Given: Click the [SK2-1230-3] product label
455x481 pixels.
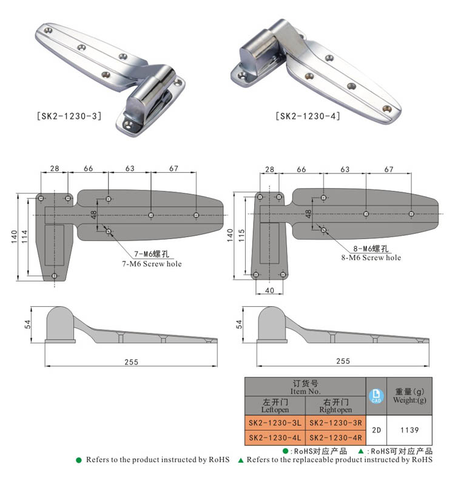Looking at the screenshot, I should coord(69,115).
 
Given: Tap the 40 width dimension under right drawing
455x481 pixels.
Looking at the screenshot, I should coord(269,291).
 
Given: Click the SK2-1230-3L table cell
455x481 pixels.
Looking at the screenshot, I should coord(275,422).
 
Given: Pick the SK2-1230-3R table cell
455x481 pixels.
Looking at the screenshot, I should coord(335,422).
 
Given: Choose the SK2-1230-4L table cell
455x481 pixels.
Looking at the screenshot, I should coord(275,437).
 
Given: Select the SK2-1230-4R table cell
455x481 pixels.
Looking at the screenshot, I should coord(335,437).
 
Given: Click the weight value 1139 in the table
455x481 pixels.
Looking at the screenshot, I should coord(409,429).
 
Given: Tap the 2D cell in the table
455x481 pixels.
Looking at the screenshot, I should coord(376,429).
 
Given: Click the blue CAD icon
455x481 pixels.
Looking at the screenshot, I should coord(376,396).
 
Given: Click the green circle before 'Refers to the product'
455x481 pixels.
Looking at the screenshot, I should coord(79,460).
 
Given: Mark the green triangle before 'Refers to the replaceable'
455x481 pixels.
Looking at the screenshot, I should coord(240,460).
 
